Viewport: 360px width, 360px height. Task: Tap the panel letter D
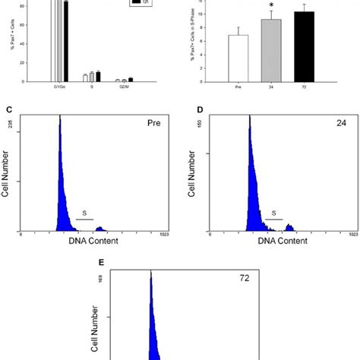click(x=199, y=109)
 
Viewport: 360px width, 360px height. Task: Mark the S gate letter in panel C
click(x=84, y=214)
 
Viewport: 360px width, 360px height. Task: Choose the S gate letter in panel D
click(x=273, y=214)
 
